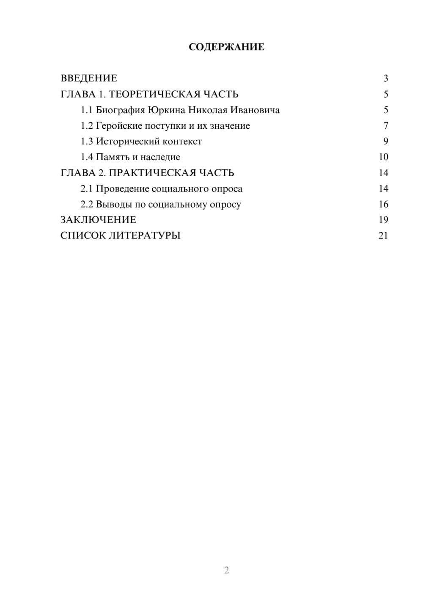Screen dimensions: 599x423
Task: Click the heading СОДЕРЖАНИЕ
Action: [x=226, y=47]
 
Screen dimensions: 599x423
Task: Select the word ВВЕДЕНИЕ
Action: [x=89, y=78]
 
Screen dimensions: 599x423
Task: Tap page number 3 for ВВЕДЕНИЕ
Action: [x=385, y=78]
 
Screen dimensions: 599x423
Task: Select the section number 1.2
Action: [x=87, y=126]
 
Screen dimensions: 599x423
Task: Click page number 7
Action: [x=385, y=126]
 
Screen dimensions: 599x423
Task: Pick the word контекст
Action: [x=182, y=141]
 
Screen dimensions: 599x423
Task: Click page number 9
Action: [x=385, y=141]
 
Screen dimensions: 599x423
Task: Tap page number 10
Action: [x=383, y=157]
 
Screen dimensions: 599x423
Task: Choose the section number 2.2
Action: [x=87, y=204]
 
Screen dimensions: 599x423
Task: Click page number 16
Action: [x=383, y=204]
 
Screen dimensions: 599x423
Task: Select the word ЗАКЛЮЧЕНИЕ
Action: [x=98, y=220]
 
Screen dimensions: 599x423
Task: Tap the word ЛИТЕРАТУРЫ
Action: [x=145, y=236]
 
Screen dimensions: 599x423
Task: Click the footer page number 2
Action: [x=226, y=570]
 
